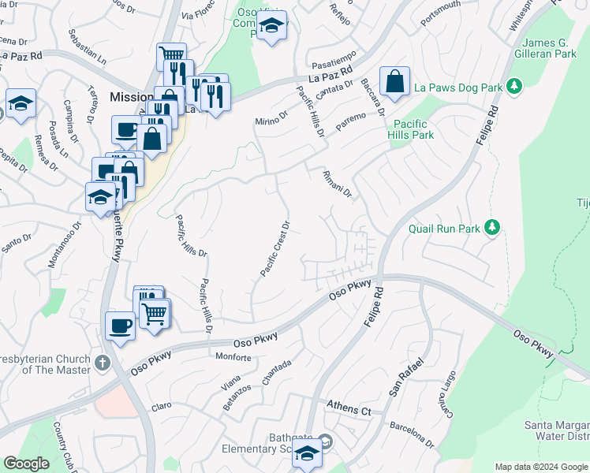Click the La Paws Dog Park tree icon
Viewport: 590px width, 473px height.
point(515,84)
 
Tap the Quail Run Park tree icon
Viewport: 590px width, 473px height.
point(493,228)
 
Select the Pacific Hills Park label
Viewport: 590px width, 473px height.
point(411,129)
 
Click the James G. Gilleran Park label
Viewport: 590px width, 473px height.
point(539,49)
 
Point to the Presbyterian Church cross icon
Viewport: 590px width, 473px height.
point(101,363)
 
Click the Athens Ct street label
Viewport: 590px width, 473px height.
point(349,410)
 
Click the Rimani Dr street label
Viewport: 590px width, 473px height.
point(337,184)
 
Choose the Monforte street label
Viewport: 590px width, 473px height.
point(233,357)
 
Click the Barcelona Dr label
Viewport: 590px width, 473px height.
point(412,435)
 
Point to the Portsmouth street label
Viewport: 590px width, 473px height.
point(440,14)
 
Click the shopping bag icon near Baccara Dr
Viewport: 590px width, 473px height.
point(394,81)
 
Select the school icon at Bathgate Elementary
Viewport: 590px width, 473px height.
point(304,453)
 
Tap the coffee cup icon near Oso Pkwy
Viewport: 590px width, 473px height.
point(120,325)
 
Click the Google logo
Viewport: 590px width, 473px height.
point(26,464)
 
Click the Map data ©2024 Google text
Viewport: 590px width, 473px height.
point(540,467)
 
